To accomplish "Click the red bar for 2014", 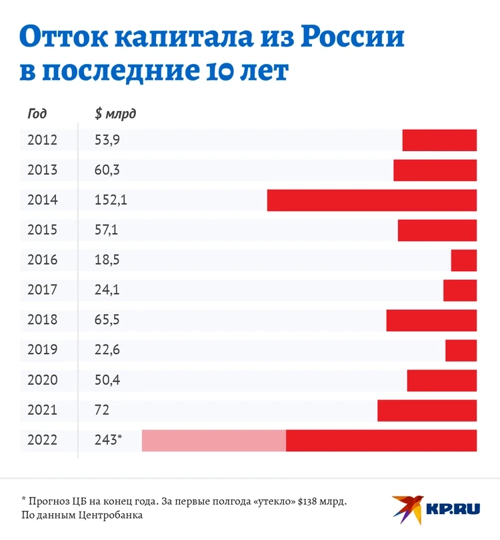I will click(372, 200).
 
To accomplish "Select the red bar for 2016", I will click(464, 260).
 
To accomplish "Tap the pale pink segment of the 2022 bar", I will click(214, 440).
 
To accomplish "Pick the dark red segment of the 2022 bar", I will click(381, 440).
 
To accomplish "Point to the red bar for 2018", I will click(431, 320).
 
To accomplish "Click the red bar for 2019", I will click(461, 350).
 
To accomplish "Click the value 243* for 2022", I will click(109, 440).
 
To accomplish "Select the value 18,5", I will click(107, 260).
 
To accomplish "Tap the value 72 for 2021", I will click(102, 410).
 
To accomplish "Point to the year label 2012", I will click(43, 140).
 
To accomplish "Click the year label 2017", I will click(43, 290).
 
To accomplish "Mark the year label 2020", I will click(43, 380).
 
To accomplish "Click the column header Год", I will click(37, 114).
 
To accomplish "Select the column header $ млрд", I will click(115, 114).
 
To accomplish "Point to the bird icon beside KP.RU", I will click(407, 508).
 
